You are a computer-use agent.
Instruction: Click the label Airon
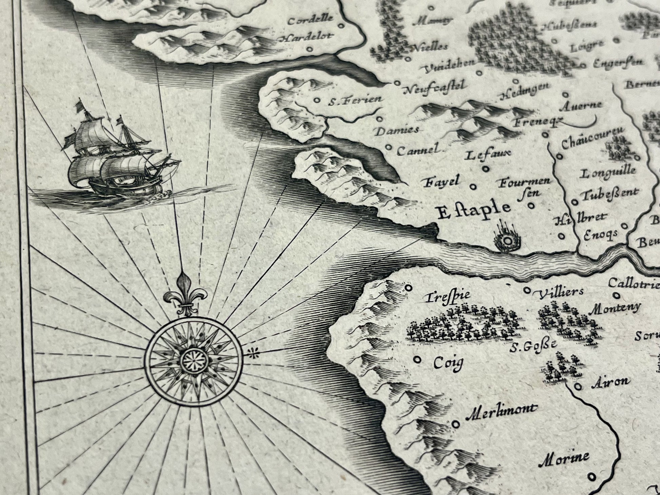[x=610, y=382]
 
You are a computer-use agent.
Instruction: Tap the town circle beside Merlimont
[x=457, y=423]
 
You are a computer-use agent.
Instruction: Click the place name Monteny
[x=616, y=308]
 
